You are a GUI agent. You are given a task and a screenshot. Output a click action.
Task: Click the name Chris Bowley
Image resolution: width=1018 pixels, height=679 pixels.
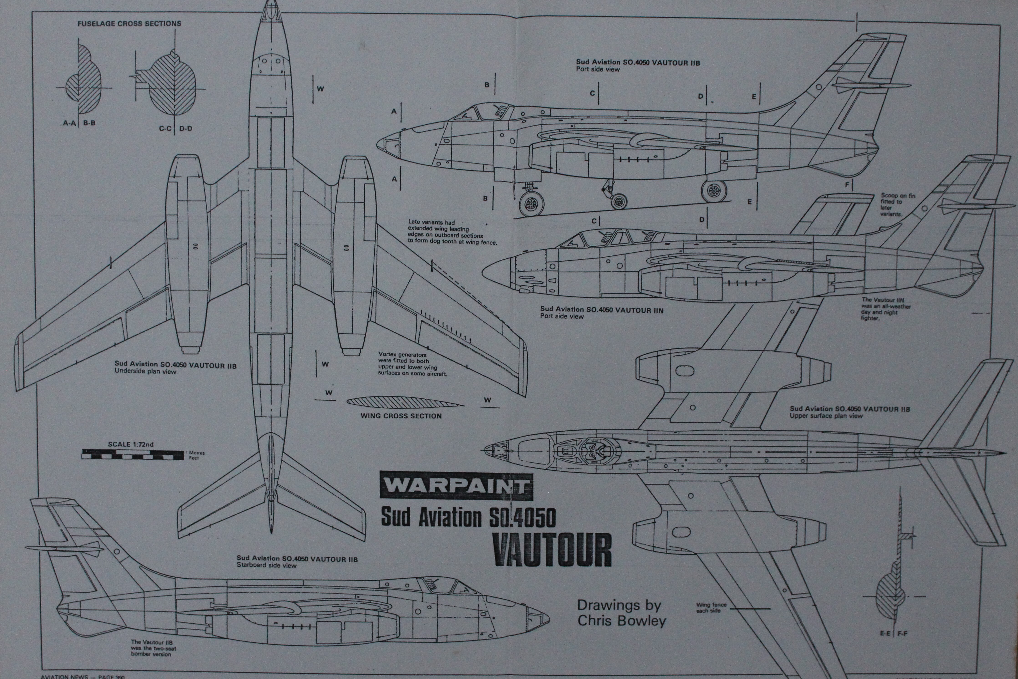coord(622,620)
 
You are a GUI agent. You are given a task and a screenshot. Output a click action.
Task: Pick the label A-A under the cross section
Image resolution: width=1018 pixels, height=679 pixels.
coord(69,123)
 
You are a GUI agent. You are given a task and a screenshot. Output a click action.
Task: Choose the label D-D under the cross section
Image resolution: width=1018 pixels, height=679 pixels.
coord(186,129)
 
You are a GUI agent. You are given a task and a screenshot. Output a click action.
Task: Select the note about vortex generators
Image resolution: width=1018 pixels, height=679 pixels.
coord(412,364)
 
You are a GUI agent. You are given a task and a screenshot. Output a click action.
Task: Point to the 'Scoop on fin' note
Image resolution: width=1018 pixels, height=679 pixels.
coord(898,204)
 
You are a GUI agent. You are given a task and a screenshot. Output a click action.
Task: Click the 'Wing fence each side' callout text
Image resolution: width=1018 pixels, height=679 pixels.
coord(708,608)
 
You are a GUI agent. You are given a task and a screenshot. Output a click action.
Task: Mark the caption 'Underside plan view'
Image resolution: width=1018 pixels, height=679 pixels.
coord(145,371)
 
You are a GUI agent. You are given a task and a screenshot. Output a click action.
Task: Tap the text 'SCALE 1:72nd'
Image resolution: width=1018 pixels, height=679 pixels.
coord(131,444)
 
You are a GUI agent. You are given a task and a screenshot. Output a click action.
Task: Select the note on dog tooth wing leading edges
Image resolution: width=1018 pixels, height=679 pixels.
coord(452,232)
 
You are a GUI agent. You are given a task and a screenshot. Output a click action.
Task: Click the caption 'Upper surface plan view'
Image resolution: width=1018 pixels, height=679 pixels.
coord(826,416)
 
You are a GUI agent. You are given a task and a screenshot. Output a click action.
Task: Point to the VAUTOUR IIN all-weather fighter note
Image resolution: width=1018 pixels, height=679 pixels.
coord(886,309)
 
